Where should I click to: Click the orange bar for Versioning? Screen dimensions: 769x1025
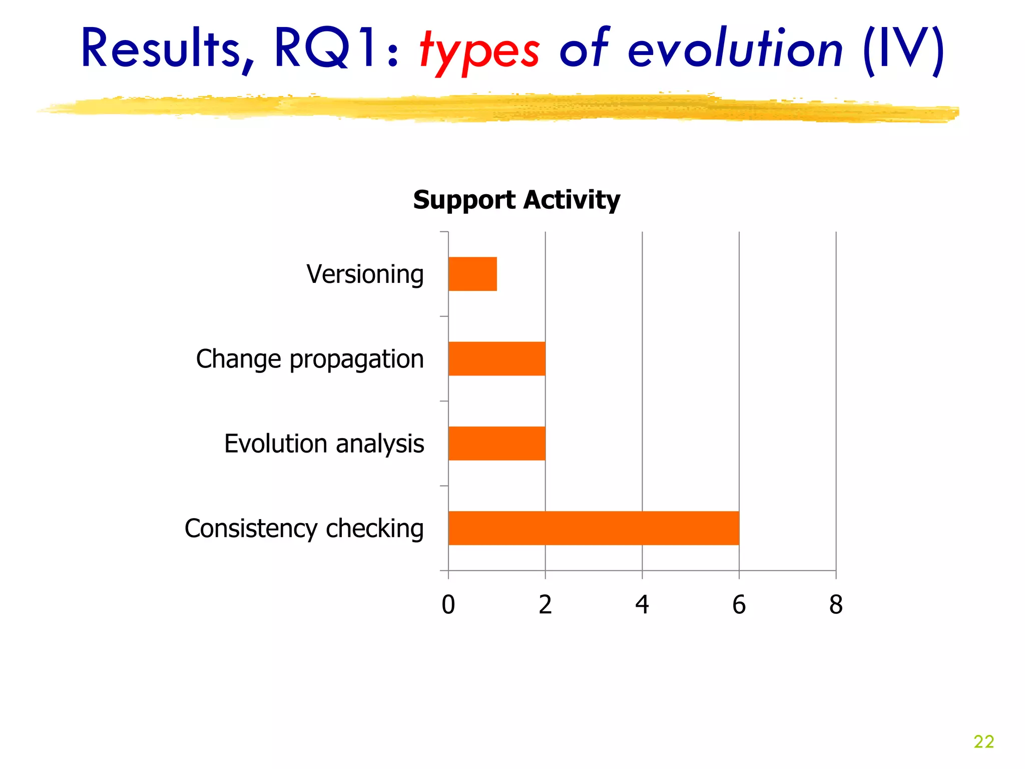[x=472, y=274]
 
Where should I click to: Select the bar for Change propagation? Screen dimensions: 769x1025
[x=496, y=358]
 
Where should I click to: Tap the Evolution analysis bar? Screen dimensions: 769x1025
[x=496, y=443]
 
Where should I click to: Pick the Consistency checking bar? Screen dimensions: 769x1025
[x=594, y=528]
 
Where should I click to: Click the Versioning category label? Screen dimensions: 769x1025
[x=365, y=274]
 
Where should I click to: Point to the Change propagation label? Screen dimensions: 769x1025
[x=310, y=359]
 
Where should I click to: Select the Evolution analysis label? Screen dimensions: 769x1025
[x=324, y=444]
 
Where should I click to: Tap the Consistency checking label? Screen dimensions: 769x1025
[x=304, y=528]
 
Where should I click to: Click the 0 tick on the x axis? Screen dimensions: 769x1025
[x=448, y=604]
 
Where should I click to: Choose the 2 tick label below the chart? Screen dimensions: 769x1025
[x=545, y=604]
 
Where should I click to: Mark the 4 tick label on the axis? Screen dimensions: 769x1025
[x=642, y=604]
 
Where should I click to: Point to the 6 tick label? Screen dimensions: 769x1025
[x=739, y=604]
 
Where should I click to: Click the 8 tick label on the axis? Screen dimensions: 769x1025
[x=836, y=604]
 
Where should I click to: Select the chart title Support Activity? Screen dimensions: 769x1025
[x=517, y=200]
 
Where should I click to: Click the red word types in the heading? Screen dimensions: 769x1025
[x=479, y=50]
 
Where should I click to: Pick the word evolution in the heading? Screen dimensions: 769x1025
[x=735, y=49]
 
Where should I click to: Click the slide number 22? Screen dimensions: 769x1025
[x=983, y=741]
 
